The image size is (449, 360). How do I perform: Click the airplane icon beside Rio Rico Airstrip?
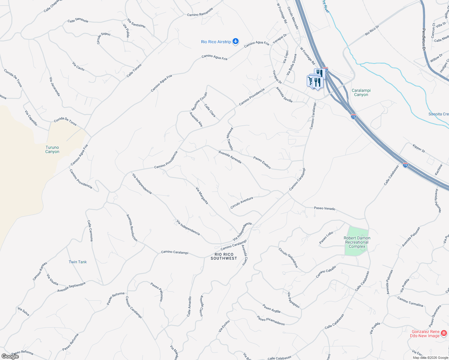[236, 41]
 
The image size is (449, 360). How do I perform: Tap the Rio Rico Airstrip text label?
[216, 42]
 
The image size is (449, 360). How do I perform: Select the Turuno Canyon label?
[52, 149]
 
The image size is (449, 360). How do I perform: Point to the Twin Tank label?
[77, 262]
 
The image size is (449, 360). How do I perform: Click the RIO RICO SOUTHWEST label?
[224, 256]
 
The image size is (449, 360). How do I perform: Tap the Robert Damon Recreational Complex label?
[357, 242]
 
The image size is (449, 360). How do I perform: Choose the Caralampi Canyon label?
[361, 92]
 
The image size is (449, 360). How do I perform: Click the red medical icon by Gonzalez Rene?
[444, 333]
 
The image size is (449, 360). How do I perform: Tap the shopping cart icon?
[310, 81]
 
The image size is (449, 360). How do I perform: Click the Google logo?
[10, 356]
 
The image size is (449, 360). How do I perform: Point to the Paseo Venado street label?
[324, 208]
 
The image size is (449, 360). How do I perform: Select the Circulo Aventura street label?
[242, 202]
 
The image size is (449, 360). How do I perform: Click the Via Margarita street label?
[202, 196]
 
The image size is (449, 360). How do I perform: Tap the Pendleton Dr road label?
[424, 39]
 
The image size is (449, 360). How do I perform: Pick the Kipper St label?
[419, 148]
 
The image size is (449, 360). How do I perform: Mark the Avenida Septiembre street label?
[71, 287]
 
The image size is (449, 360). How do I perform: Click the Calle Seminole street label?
[78, 20]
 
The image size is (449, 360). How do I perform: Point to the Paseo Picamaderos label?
[271, 320]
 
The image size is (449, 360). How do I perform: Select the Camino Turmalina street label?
[410, 301]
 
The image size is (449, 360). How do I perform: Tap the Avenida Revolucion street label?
[132, 228]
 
